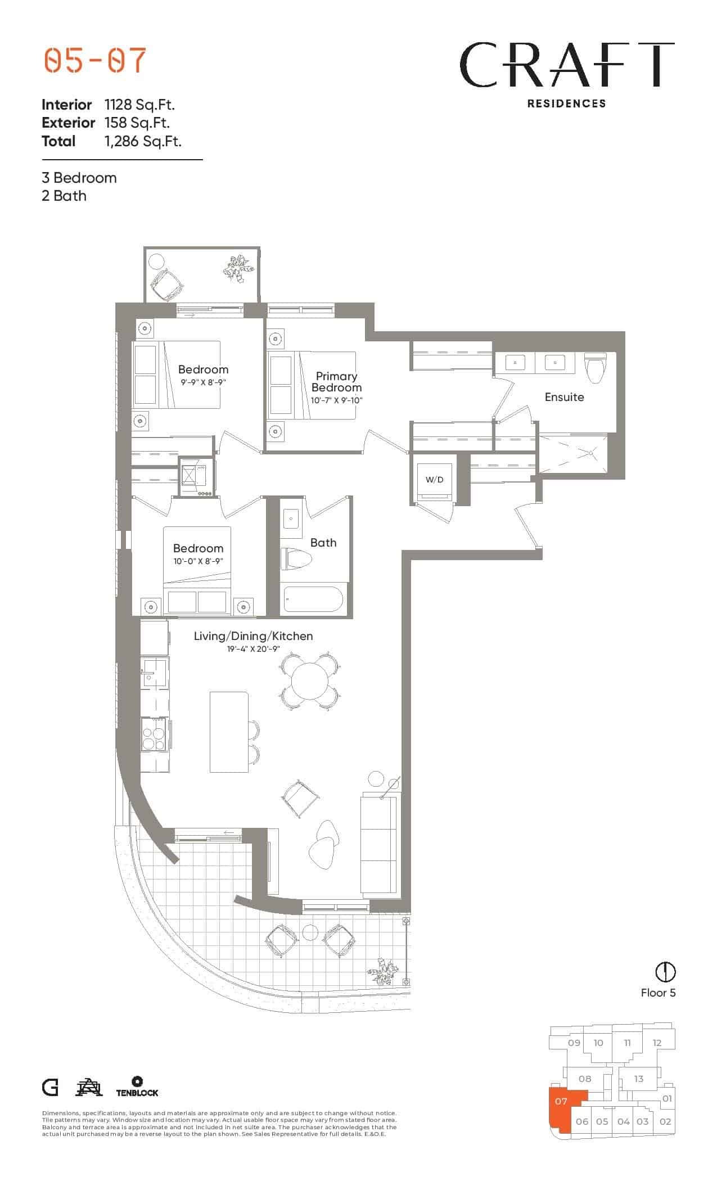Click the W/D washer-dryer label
pyautogui.click(x=434, y=480)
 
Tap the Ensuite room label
pyautogui.click(x=564, y=397)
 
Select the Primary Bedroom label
pyautogui.click(x=336, y=382)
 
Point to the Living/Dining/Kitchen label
pyautogui.click(x=253, y=636)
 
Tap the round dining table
pyautogui.click(x=309, y=681)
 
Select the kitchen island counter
pyautogui.click(x=229, y=732)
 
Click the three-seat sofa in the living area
pyautogui.click(x=379, y=844)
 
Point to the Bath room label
pyautogui.click(x=323, y=543)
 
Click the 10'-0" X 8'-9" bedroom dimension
pyautogui.click(x=198, y=561)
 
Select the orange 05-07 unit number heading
pyautogui.click(x=95, y=61)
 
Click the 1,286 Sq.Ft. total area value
pyautogui.click(x=143, y=141)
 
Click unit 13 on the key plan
pyautogui.click(x=638, y=1079)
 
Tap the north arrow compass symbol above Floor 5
pyautogui.click(x=666, y=972)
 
